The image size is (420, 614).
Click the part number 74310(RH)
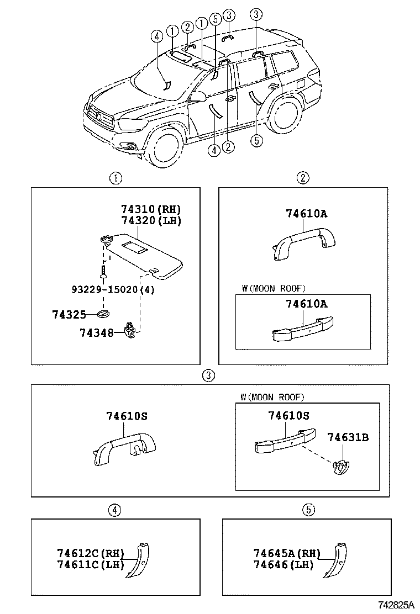[151, 210]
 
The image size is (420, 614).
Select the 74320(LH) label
[151, 220]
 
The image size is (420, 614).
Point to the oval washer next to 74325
[103, 314]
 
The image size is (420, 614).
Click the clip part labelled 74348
[130, 330]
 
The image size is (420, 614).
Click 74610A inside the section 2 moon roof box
[306, 304]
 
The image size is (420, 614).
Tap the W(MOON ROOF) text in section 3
[272, 397]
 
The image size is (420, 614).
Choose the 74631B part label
[347, 438]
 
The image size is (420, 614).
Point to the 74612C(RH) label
[91, 553]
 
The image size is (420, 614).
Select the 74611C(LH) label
[91, 564]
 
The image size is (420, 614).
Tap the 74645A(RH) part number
[287, 553]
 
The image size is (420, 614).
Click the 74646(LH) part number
[283, 564]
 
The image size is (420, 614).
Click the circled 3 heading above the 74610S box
[207, 375]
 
